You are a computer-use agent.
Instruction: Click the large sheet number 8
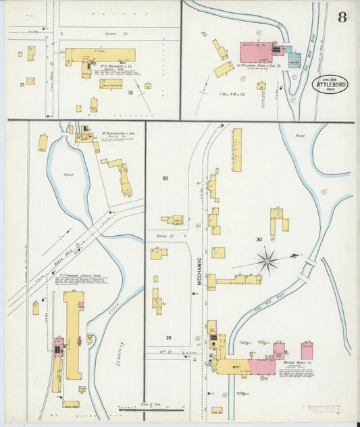coord(342,17)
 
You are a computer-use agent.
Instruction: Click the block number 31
coord(22,84)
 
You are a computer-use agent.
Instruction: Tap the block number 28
coord(164,178)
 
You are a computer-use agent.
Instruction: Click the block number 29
coord(168,336)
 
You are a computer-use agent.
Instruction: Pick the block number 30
coord(258,239)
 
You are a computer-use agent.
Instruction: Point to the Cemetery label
coord(124,352)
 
